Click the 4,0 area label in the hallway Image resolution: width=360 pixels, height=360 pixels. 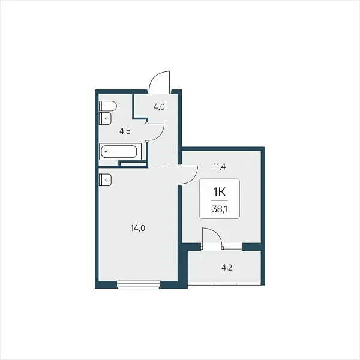pos(159,107)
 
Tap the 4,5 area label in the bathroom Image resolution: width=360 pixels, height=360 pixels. pos(125,131)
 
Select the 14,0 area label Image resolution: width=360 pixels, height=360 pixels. pos(138,228)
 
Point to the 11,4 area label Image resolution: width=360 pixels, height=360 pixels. pos(220,167)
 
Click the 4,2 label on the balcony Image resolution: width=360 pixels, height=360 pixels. pos(227,268)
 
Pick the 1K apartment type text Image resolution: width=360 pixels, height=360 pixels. pos(220,192)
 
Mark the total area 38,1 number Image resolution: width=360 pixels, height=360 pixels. pos(220,209)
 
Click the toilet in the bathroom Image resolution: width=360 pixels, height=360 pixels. pos(108,106)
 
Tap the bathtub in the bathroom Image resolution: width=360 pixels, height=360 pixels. pos(118,151)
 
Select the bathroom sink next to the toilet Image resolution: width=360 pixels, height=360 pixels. pos(106,118)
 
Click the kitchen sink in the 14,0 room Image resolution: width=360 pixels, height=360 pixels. pos(106,180)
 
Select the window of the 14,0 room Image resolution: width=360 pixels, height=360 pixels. pos(139,284)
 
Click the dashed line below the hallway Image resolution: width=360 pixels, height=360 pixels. pos(163,167)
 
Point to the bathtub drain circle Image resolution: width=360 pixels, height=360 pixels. pos(106,152)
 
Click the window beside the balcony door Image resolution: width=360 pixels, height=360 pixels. pos(232,247)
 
